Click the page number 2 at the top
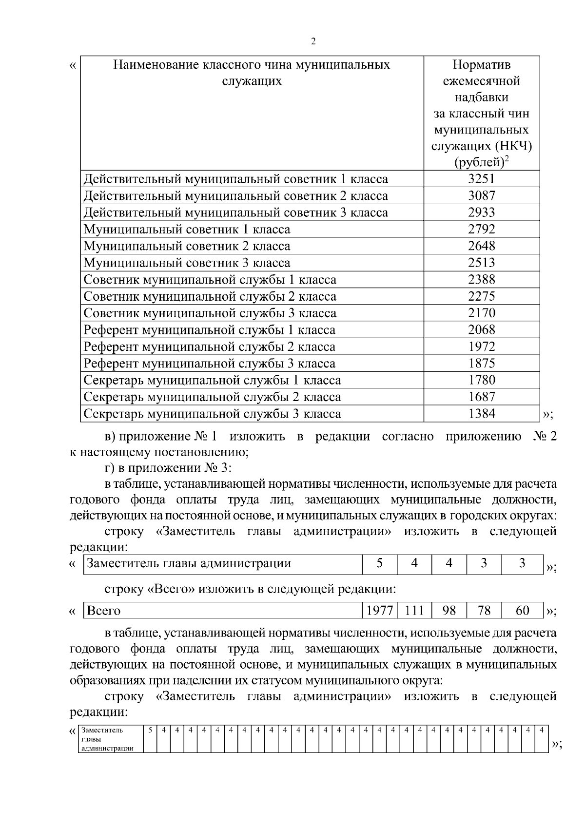(313, 41)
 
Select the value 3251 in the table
(481, 179)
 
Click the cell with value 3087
(481, 196)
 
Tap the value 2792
(481, 229)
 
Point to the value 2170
(481, 313)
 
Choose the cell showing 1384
(481, 414)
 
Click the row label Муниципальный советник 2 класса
(187, 246)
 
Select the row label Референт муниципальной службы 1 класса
(209, 330)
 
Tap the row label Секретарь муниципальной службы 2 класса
(212, 397)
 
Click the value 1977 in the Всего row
(380, 611)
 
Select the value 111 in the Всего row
(414, 611)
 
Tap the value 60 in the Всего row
(522, 611)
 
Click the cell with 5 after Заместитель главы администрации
(379, 563)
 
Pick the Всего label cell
(103, 611)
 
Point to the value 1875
(481, 364)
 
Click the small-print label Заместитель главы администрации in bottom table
(107, 739)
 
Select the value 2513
(481, 263)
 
